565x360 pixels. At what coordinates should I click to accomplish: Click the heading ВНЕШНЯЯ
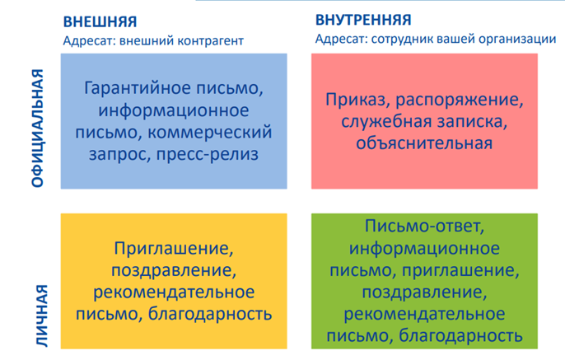click(99, 21)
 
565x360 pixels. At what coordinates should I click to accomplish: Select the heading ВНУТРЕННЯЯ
click(363, 20)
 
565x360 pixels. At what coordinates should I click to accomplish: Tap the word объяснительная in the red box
click(424, 143)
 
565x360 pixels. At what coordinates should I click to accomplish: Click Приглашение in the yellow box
click(173, 249)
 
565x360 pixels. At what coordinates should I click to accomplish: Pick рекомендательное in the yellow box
click(173, 292)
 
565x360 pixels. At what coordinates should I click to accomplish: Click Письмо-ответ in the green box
click(424, 227)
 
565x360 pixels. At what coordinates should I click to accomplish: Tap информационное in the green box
click(424, 249)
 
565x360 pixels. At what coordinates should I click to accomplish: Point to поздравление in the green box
click(424, 292)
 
